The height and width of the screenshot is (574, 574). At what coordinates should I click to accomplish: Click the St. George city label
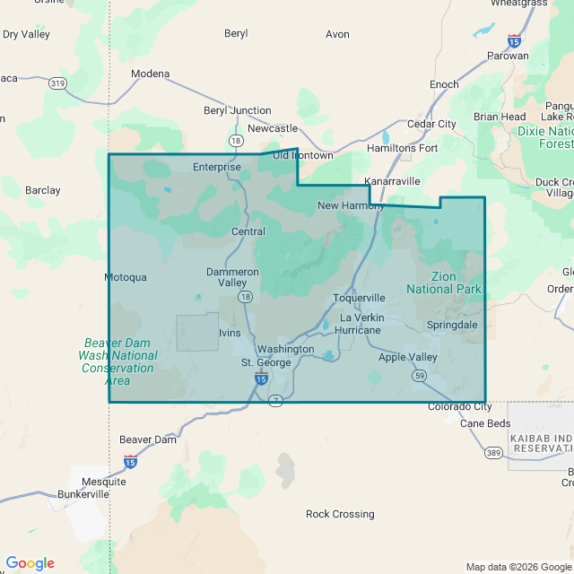coord(266,362)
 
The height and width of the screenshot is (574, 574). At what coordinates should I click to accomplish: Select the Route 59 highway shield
coord(420,376)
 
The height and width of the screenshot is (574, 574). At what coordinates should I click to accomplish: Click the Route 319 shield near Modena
coord(58,83)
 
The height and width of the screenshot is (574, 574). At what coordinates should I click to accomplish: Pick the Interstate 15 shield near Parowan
coord(513,41)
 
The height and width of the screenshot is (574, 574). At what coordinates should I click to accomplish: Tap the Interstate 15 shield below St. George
coord(260,379)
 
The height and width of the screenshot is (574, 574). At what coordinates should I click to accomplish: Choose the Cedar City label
coord(431,124)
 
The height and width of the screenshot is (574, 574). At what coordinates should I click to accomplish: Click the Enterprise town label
coord(217,167)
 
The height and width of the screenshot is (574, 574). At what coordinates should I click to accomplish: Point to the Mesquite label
coord(103,482)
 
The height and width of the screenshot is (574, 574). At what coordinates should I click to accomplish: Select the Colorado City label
coord(460,406)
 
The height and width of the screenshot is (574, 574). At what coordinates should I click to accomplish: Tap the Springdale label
coord(452,325)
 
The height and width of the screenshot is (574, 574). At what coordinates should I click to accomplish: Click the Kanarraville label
coord(392,181)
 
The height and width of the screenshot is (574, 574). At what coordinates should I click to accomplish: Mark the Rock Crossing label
coord(340,514)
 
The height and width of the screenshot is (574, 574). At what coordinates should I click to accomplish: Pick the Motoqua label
coord(126,277)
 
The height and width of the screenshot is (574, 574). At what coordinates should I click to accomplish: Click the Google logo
coord(30,562)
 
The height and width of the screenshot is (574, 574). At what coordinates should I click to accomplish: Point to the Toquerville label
coord(359,298)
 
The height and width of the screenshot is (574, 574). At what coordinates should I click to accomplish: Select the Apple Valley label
coord(408,357)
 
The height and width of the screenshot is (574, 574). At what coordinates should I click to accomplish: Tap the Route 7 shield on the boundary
coord(276,401)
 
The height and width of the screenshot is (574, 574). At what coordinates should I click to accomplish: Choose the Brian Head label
coord(500,117)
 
